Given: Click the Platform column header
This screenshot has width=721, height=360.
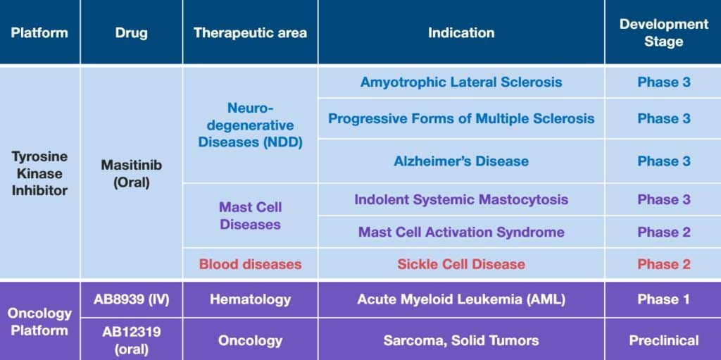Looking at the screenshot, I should (x=39, y=33).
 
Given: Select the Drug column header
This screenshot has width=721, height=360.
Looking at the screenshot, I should (x=131, y=33).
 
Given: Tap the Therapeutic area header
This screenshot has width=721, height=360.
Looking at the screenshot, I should (x=250, y=33).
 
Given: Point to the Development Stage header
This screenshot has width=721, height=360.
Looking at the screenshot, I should (x=663, y=33).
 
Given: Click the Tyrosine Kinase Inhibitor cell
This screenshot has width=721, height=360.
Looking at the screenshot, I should (x=39, y=173).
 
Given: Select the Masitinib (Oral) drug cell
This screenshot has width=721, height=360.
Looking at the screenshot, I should (x=131, y=173).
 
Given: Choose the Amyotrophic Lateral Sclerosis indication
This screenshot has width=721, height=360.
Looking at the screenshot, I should (x=461, y=82).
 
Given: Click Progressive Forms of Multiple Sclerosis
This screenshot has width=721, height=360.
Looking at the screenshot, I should (x=461, y=118).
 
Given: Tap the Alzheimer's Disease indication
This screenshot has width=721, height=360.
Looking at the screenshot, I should (x=461, y=161).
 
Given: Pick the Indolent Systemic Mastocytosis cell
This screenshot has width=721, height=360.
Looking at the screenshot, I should (x=461, y=199).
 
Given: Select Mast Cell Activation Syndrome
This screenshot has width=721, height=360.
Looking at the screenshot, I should (x=461, y=232).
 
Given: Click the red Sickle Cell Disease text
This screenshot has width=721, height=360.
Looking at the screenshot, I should (x=461, y=264).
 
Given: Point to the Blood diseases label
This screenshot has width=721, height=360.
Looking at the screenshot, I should (x=250, y=264).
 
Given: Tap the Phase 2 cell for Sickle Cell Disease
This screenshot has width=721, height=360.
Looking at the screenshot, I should (x=663, y=264).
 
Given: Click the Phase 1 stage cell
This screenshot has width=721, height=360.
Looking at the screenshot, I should (x=663, y=299).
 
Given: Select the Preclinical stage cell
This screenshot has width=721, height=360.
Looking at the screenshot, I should (x=663, y=340).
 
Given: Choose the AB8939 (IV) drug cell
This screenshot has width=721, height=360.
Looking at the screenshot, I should (x=131, y=299).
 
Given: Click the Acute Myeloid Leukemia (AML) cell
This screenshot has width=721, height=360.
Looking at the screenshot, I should (x=461, y=299).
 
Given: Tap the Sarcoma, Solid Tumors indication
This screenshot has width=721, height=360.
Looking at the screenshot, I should (x=461, y=340).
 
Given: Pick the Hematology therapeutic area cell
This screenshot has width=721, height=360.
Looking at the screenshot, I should (x=250, y=299).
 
